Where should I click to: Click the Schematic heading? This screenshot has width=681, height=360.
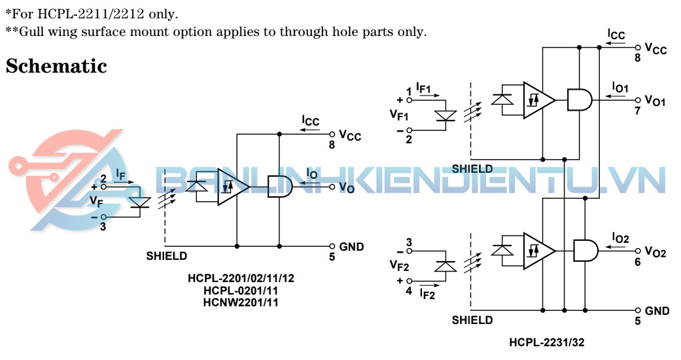56,66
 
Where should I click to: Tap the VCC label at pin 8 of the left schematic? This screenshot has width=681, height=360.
350,135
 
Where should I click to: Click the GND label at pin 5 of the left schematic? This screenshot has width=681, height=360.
351,247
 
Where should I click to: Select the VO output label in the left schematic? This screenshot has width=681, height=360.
347,188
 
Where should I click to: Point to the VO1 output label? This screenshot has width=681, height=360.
655,100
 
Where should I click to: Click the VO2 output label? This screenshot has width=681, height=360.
655,252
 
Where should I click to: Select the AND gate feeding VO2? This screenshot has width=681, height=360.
585,251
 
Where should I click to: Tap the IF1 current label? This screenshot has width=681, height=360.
425,86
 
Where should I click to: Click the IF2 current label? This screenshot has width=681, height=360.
427,295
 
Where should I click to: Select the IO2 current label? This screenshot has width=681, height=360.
620,238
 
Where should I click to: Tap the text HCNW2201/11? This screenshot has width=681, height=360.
241,302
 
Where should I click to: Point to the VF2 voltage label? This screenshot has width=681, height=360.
399,265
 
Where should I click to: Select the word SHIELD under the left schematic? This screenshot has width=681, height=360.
166,256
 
